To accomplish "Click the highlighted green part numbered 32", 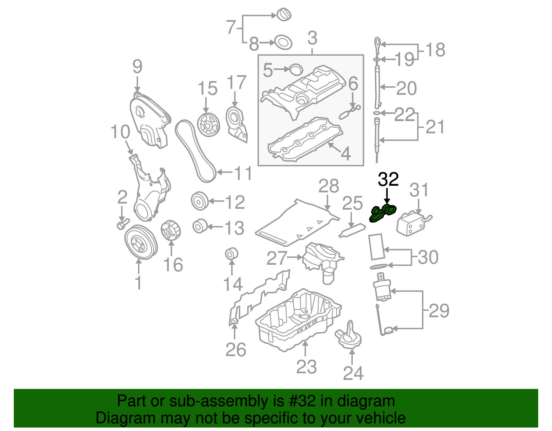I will pyautogui.click(x=382, y=213).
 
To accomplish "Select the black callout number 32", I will pyautogui.click(x=388, y=179).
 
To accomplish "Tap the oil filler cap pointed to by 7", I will pyautogui.click(x=284, y=15).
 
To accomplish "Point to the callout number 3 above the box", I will pyautogui.click(x=312, y=38).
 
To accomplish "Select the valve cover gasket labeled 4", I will pyautogui.click(x=305, y=140).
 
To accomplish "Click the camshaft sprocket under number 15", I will pyautogui.click(x=208, y=125).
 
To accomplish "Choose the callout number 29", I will pyautogui.click(x=439, y=311).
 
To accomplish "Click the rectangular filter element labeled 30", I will pyautogui.click(x=376, y=246).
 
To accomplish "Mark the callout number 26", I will pyautogui.click(x=236, y=350).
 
